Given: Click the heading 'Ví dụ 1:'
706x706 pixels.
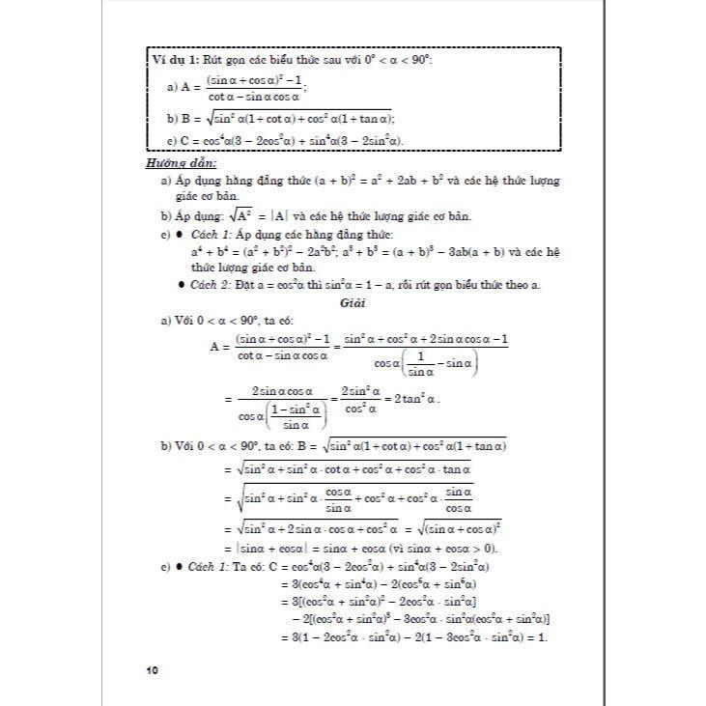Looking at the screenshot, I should click(175, 60).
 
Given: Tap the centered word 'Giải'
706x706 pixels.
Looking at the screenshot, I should click(352, 302).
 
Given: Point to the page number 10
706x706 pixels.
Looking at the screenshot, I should click(153, 669).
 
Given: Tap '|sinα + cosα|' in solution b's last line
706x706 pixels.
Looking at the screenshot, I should click(257, 548).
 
